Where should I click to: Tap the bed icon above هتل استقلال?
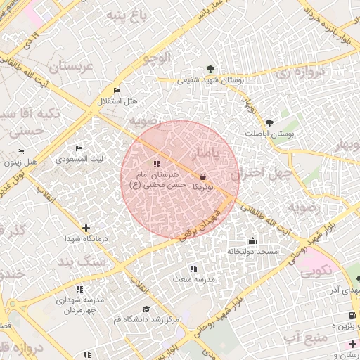(117, 91)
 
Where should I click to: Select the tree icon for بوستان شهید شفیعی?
(212, 69)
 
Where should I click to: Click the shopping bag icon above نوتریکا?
(203, 177)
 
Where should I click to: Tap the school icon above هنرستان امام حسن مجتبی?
(156, 164)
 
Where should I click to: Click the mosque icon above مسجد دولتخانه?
(252, 240)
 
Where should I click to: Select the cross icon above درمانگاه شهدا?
(86, 228)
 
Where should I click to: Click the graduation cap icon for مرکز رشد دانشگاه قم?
(146, 309)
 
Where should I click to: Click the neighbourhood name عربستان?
(69, 67)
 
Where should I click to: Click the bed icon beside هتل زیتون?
(20, 151)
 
